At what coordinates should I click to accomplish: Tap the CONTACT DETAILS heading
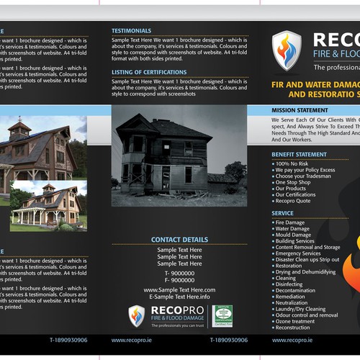pos(179,239)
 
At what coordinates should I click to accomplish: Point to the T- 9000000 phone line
pos(179,274)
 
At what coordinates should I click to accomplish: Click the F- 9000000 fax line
pos(179,280)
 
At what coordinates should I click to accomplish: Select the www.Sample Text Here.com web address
pos(179,289)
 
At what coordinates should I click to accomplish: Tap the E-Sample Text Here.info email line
pos(179,297)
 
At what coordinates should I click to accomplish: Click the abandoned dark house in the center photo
pos(162,153)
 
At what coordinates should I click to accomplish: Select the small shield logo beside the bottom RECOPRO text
pos(137,315)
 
